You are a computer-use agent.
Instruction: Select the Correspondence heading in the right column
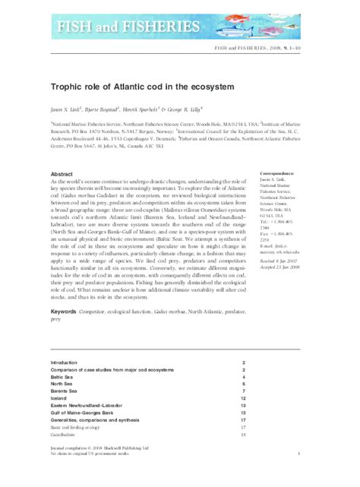point(279,153)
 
